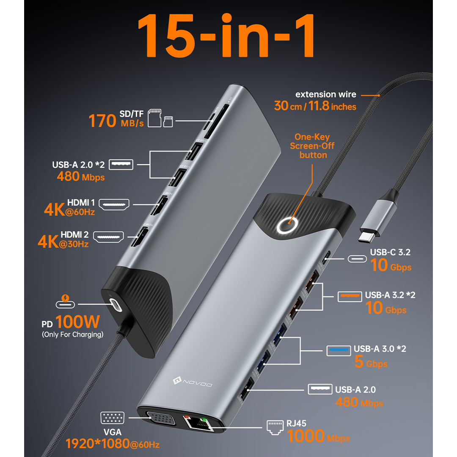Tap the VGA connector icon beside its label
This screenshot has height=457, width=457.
pyautogui.click(x=113, y=418)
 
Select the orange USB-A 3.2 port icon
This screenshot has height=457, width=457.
pyautogui.click(x=350, y=296)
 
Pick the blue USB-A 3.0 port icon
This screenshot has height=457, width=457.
pyautogui.click(x=339, y=350)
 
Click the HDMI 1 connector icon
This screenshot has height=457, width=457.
pyautogui.click(x=114, y=204)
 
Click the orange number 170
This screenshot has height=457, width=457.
pyautogui.click(x=102, y=121)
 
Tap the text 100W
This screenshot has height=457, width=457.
pyautogui.click(x=77, y=322)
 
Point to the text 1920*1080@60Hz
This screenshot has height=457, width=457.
pyautogui.click(x=113, y=444)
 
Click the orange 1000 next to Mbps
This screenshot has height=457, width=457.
pyautogui.click(x=305, y=436)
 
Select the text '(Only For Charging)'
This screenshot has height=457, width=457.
pyautogui.click(x=72, y=334)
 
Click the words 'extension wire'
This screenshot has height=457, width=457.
pyautogui.click(x=326, y=94)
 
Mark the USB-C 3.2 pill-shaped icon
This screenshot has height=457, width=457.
pyautogui.click(x=357, y=259)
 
